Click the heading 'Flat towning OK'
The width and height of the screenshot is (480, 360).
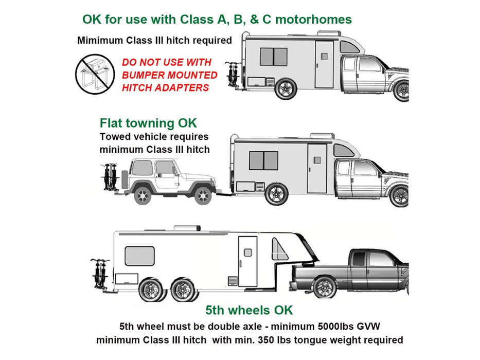pyautogui.click(x=148, y=123)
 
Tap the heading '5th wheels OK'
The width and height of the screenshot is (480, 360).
pyautogui.click(x=249, y=310)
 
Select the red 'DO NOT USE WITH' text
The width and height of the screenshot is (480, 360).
pyautogui.click(x=167, y=62)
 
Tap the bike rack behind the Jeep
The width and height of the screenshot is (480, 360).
pyautogui.click(x=111, y=177)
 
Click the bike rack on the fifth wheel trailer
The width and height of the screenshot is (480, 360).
pyautogui.click(x=100, y=273)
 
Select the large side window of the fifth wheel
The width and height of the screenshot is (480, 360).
pyautogui.click(x=139, y=256)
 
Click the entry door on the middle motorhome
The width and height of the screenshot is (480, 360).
pyautogui.click(x=316, y=168)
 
